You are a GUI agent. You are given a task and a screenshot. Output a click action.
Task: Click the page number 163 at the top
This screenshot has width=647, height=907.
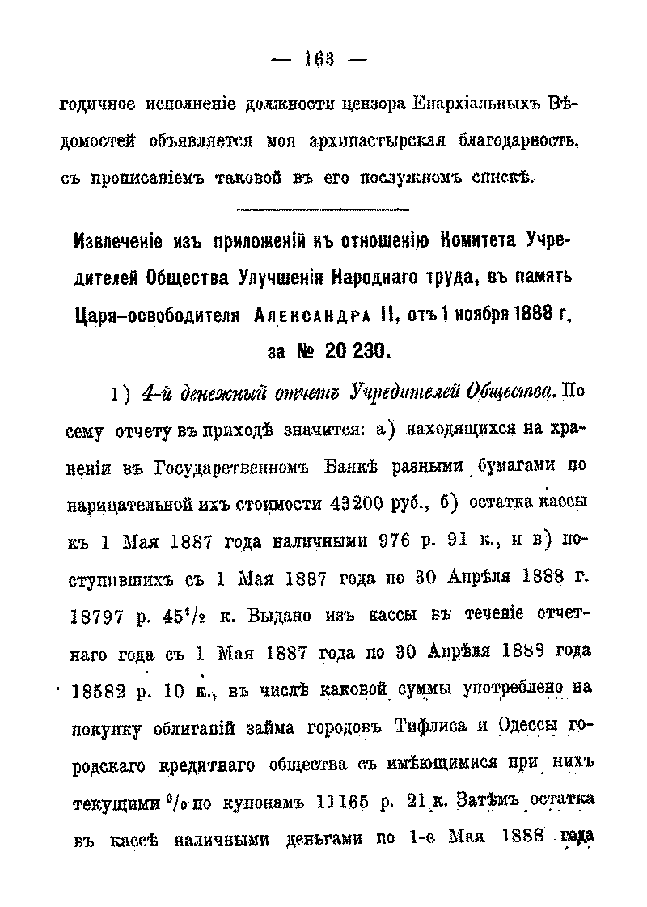(x=322, y=57)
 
